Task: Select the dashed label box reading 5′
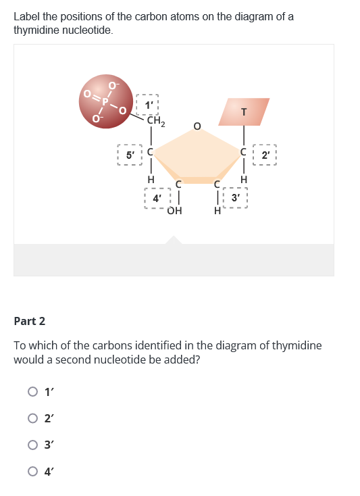[128, 154]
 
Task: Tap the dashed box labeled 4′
[156, 199]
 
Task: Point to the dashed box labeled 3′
[235, 198]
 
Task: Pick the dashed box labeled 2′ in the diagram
[266, 154]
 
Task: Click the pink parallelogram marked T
[244, 111]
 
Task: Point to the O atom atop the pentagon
[197, 126]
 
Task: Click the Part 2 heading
[30, 320]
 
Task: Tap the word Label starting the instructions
[27, 16]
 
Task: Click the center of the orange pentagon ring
[197, 157]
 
